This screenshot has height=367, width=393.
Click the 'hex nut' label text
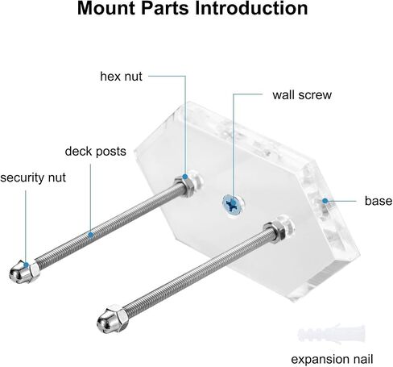[x=121, y=77]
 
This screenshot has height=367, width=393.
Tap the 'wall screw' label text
[x=302, y=95]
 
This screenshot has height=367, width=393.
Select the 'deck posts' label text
[x=95, y=152]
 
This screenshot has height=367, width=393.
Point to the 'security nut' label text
[x=33, y=177]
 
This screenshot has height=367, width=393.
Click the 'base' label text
[x=379, y=201]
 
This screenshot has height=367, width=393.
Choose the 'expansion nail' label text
[x=332, y=359]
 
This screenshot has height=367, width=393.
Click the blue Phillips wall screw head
[x=233, y=205]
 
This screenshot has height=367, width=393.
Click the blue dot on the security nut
[x=26, y=265]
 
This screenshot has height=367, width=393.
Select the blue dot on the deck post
[x=91, y=235]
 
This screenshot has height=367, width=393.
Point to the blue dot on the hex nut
[x=185, y=177]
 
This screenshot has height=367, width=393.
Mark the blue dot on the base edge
[x=325, y=201]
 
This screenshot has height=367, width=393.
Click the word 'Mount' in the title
[x=106, y=8]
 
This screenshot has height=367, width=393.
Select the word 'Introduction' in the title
[x=251, y=8]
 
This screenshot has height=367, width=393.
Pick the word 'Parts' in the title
[x=165, y=8]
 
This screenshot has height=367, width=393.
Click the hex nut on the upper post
[x=185, y=186]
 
